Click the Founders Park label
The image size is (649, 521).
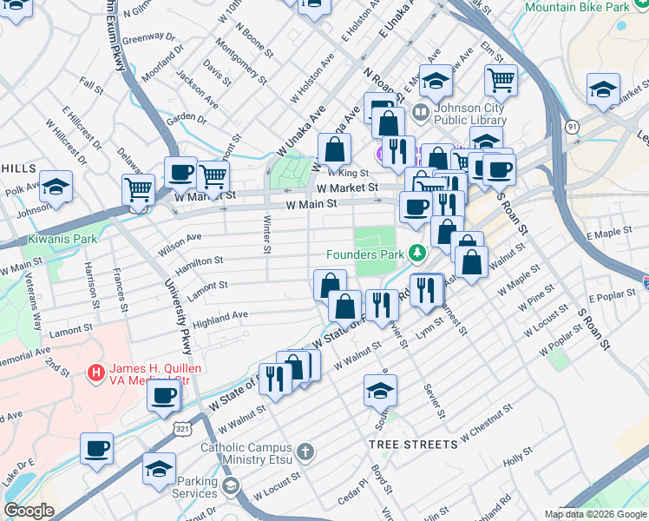coord(364,254)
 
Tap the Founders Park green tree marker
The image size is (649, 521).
coord(417,254)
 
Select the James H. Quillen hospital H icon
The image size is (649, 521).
coord(96,374)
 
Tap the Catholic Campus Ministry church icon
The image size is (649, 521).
coord(304,452)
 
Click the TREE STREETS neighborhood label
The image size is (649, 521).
coord(413,445)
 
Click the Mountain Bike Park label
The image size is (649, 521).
coord(577,7)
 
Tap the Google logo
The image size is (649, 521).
coord(28,510)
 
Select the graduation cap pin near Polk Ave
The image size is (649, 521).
coord(56,187)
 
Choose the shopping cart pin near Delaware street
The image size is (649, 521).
coord(138,189)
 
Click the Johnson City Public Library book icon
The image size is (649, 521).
coord(421,112)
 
